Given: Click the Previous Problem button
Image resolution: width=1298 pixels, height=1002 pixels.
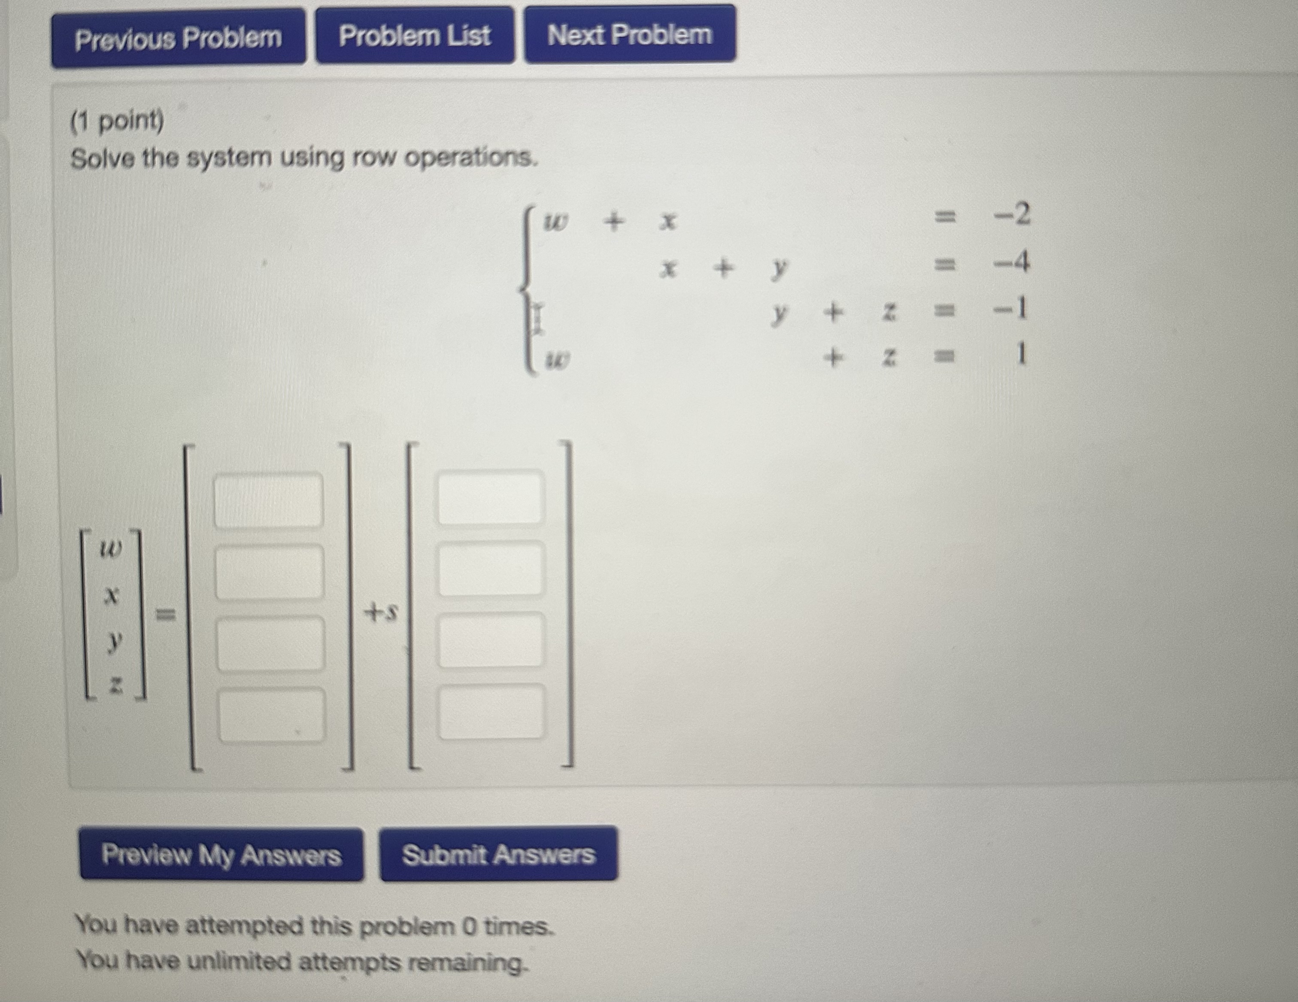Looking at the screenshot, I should point(178,39).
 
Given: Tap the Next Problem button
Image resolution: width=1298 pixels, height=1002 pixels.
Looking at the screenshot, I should point(629,34).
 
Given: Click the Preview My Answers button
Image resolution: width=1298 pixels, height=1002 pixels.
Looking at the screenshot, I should point(221,855).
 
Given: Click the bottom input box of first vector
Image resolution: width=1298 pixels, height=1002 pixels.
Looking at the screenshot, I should point(272,715).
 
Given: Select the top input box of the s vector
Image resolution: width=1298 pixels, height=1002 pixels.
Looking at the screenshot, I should point(490,497).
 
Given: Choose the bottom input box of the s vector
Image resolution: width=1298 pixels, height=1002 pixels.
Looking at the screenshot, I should point(491,712).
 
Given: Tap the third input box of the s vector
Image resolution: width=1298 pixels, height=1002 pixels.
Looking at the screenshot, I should point(491,640).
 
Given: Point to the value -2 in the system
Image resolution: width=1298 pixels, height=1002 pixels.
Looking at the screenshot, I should point(1013,214).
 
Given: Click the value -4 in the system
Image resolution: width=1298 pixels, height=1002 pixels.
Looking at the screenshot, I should point(1013,262).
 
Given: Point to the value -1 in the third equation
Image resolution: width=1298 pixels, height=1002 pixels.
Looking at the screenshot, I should point(1012,309).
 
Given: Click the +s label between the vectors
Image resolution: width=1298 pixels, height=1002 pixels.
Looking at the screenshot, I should point(380,612).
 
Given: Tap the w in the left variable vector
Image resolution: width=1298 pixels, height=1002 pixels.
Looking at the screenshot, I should point(111,549).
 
